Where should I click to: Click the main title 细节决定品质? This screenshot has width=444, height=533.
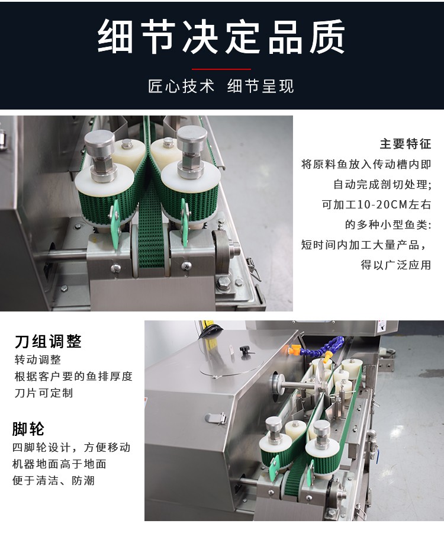pyautogui.click(x=221, y=37)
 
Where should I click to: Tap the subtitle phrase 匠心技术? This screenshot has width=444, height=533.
pyautogui.click(x=181, y=86)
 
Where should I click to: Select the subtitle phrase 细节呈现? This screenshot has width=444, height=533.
pyautogui.click(x=260, y=86)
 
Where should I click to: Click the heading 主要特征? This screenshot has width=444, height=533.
pyautogui.click(x=406, y=144)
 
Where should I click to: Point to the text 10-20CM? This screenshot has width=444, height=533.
pyautogui.click(x=373, y=205)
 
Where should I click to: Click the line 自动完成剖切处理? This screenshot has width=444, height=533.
pyautogui.click(x=382, y=185)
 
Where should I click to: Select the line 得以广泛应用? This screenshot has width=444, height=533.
pyautogui.click(x=396, y=265)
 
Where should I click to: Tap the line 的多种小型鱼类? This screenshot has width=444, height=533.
pyautogui.click(x=388, y=225)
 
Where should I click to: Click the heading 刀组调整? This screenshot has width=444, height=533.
pyautogui.click(x=48, y=341)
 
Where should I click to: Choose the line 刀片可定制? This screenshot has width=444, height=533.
pyautogui.click(x=43, y=393)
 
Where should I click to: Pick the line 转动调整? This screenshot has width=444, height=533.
pyautogui.click(x=37, y=360)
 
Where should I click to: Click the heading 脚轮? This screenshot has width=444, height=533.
pyautogui.click(x=28, y=429)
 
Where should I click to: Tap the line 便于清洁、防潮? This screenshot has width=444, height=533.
pyautogui.click(x=53, y=480)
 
